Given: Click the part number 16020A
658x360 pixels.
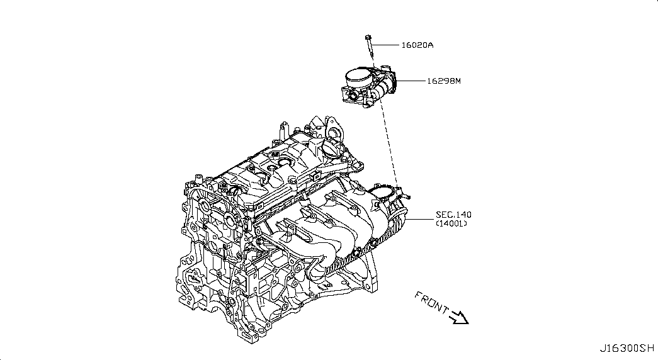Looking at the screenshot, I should point(418,45).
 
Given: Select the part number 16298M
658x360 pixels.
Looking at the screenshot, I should point(444,81).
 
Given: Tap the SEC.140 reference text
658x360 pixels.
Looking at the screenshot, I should point(453,215).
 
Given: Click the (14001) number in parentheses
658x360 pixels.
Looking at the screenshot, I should point(451,224).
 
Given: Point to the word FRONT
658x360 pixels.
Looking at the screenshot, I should point(431,303).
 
